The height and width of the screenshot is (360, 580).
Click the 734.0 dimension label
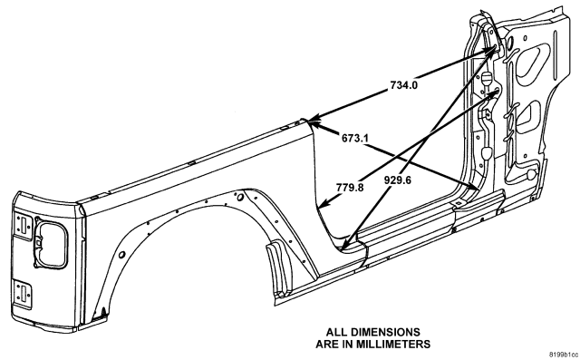pyautogui.click(x=404, y=85)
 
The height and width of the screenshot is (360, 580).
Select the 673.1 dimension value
pyautogui.click(x=354, y=139)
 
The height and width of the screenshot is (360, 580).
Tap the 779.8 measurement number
pyautogui.click(x=350, y=188)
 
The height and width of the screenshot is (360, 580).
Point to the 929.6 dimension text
pyautogui.click(x=398, y=180)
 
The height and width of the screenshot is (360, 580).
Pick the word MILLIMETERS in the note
pyautogui.click(x=393, y=345)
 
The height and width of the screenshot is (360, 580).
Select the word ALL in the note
pyautogui.click(x=336, y=332)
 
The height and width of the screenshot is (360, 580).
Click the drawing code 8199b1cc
pyautogui.click(x=564, y=354)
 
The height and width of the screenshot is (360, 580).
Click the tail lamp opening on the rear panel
pyautogui.click(x=51, y=244)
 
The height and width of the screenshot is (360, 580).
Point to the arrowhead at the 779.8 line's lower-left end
pyautogui.click(x=324, y=203)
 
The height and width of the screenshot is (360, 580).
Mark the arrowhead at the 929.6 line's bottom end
pyautogui.click(x=344, y=244)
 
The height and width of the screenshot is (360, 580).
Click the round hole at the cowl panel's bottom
pyautogui.click(x=532, y=173)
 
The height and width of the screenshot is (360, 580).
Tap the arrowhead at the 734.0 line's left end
pyautogui.click(x=312, y=119)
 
